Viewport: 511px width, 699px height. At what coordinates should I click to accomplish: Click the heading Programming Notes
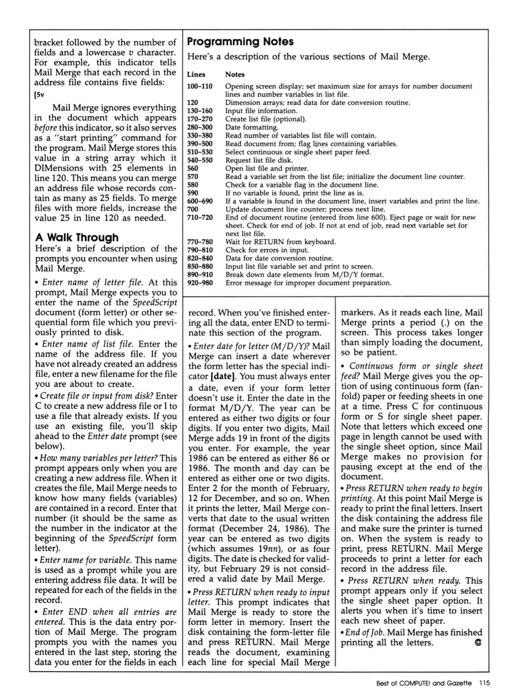240,42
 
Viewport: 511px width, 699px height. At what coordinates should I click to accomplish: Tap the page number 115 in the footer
484,683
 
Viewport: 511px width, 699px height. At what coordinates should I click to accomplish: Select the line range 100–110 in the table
200,86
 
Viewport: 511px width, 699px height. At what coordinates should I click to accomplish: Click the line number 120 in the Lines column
193,103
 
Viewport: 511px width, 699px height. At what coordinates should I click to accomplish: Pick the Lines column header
196,74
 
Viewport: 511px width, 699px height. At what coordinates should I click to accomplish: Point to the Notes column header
235,74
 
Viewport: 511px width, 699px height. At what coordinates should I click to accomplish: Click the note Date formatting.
251,128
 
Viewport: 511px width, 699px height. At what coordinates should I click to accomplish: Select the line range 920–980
200,283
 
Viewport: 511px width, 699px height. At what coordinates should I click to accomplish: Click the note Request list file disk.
259,160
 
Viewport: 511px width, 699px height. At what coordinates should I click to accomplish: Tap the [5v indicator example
39,95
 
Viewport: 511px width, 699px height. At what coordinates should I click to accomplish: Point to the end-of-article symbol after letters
478,642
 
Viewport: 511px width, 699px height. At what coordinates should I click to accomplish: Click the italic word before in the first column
46,128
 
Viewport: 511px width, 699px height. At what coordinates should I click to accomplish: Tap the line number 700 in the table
193,209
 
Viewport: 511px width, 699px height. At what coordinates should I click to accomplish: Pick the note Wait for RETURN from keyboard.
280,242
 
